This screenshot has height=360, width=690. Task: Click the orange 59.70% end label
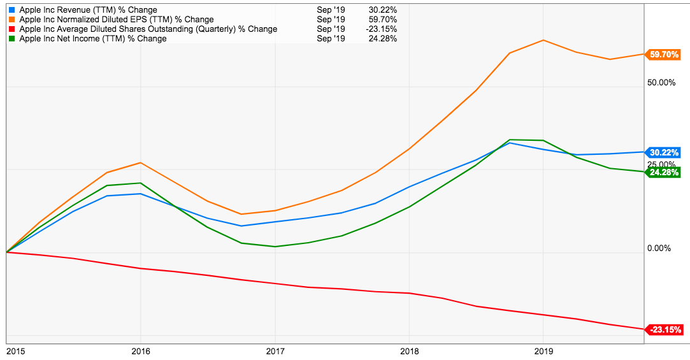click(x=663, y=55)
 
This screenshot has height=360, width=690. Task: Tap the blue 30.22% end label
click(x=663, y=152)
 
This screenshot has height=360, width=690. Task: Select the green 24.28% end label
click(x=663, y=172)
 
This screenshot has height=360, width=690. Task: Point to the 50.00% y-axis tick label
click(x=661, y=83)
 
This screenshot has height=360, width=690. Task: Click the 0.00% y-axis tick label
click(x=659, y=248)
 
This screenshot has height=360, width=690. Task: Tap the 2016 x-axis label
click(x=140, y=350)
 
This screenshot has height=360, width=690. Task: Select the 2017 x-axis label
click(x=275, y=350)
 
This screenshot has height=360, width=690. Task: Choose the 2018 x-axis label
click(x=409, y=350)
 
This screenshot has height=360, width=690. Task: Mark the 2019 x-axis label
click(x=543, y=350)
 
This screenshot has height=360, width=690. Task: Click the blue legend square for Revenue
click(x=12, y=10)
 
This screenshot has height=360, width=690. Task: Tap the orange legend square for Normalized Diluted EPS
click(x=12, y=20)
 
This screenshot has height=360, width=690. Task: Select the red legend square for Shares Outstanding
click(x=12, y=29)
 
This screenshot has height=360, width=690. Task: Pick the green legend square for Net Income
click(x=12, y=39)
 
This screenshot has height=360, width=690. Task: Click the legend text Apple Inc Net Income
click(x=93, y=39)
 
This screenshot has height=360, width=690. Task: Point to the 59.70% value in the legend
click(x=383, y=20)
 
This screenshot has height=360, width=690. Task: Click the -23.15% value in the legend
click(x=382, y=29)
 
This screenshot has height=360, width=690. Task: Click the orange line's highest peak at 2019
click(x=543, y=40)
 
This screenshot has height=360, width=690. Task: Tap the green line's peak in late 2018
click(x=510, y=140)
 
